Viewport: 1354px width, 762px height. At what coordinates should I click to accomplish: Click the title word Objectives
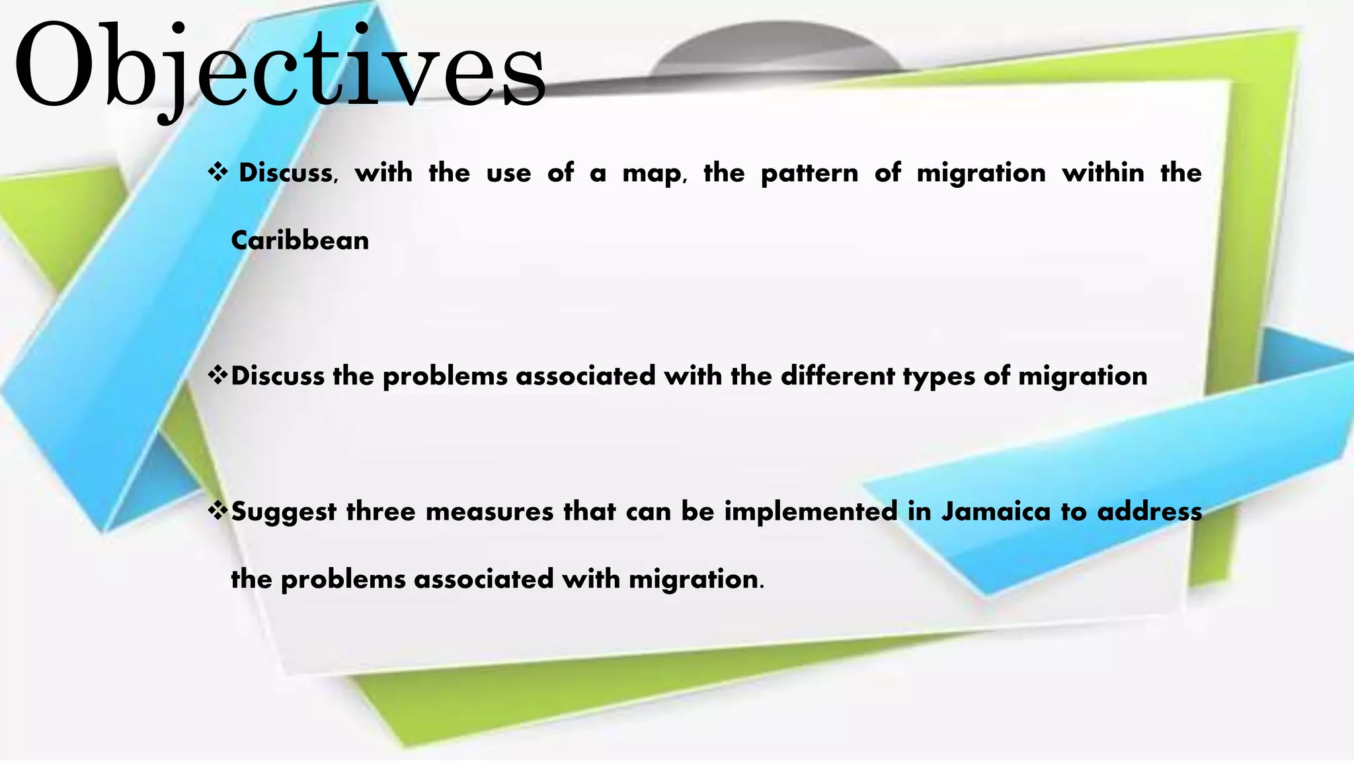tap(279, 66)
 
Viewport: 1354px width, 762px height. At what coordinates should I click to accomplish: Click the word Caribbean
tap(299, 241)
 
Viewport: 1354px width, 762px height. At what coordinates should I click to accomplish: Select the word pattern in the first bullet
tap(809, 173)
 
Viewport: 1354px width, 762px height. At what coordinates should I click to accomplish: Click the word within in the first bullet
tap(1103, 173)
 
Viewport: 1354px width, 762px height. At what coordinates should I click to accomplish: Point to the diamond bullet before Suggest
tap(218, 510)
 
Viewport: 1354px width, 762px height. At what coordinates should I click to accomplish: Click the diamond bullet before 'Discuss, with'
tap(218, 173)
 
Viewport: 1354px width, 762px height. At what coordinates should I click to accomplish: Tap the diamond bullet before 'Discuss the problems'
tap(218, 375)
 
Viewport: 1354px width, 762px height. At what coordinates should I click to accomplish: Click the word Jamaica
tap(995, 511)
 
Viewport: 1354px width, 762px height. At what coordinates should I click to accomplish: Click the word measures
tap(489, 512)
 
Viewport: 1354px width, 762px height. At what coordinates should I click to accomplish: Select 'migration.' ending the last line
tap(696, 580)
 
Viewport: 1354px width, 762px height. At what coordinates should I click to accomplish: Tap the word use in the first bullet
tap(508, 173)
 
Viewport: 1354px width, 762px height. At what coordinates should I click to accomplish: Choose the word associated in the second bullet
tap(585, 376)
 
